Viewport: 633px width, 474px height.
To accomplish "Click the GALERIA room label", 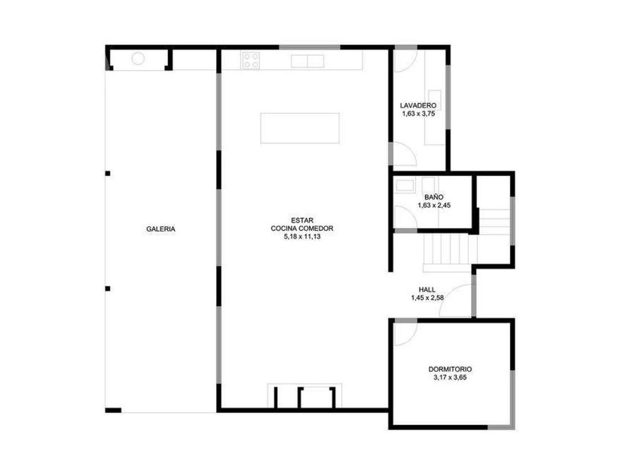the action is pos(161,229).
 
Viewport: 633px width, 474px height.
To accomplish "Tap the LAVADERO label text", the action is pos(418,105).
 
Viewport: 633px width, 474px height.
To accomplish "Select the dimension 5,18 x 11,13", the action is pos(302,236).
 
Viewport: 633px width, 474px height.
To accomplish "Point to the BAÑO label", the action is pos(434,197).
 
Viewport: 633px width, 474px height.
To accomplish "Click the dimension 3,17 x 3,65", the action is pos(450,378).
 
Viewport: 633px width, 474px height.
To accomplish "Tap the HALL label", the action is pos(427,290).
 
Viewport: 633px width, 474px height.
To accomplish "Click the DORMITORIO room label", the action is pos(450,369).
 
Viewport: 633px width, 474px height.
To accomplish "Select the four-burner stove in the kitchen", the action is pos(251,60).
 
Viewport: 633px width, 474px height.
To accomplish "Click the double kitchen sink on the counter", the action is pos(307,61).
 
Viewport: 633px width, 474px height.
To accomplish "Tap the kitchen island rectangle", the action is pos(300,128).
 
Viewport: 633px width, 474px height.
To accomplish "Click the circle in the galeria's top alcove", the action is pos(138,59).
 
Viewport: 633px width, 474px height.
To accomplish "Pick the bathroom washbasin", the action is pos(405,185).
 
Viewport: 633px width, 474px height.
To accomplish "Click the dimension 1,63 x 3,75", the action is pos(418,114).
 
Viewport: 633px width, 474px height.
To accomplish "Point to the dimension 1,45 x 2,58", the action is pos(427,298).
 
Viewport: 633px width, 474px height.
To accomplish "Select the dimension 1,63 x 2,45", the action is pos(434,205).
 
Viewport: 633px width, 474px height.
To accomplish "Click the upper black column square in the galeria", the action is pos(108,173).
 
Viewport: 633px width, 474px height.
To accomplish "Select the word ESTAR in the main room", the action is pos(302,220).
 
